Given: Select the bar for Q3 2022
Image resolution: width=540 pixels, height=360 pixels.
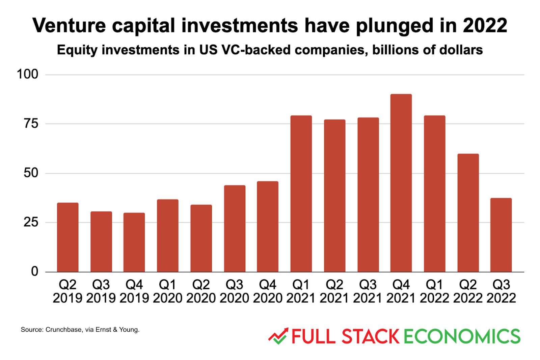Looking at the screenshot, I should click(501, 235).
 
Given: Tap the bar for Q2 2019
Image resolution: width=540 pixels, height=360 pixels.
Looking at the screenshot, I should click(67, 237).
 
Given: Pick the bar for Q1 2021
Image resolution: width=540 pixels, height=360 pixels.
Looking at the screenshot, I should click(301, 194).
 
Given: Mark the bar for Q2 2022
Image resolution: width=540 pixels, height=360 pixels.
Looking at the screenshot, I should click(468, 213).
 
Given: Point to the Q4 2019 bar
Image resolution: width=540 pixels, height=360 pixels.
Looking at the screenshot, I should click(134, 242).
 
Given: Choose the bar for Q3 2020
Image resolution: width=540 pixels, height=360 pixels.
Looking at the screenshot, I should click(235, 229).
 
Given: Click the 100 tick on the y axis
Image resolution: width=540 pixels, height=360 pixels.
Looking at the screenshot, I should click(28, 74).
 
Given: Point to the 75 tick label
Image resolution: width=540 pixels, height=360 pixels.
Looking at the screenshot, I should click(31, 124).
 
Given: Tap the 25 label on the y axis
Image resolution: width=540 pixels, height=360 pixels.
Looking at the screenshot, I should click(31, 222).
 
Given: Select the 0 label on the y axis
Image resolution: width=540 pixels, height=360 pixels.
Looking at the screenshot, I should click(34, 272).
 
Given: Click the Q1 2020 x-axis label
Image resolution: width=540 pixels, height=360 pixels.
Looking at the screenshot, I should click(167, 291).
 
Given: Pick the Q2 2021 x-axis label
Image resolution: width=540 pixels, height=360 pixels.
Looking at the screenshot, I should click(334, 291).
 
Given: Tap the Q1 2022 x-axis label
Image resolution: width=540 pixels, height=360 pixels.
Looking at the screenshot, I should click(434, 291).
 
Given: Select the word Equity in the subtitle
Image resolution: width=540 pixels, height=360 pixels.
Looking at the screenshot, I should click(77, 50).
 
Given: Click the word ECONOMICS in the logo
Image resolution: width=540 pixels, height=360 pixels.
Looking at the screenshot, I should click(462, 337).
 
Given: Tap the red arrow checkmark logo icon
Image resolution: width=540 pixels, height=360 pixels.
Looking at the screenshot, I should click(278, 336).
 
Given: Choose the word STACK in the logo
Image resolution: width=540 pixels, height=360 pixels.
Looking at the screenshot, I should click(370, 337).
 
